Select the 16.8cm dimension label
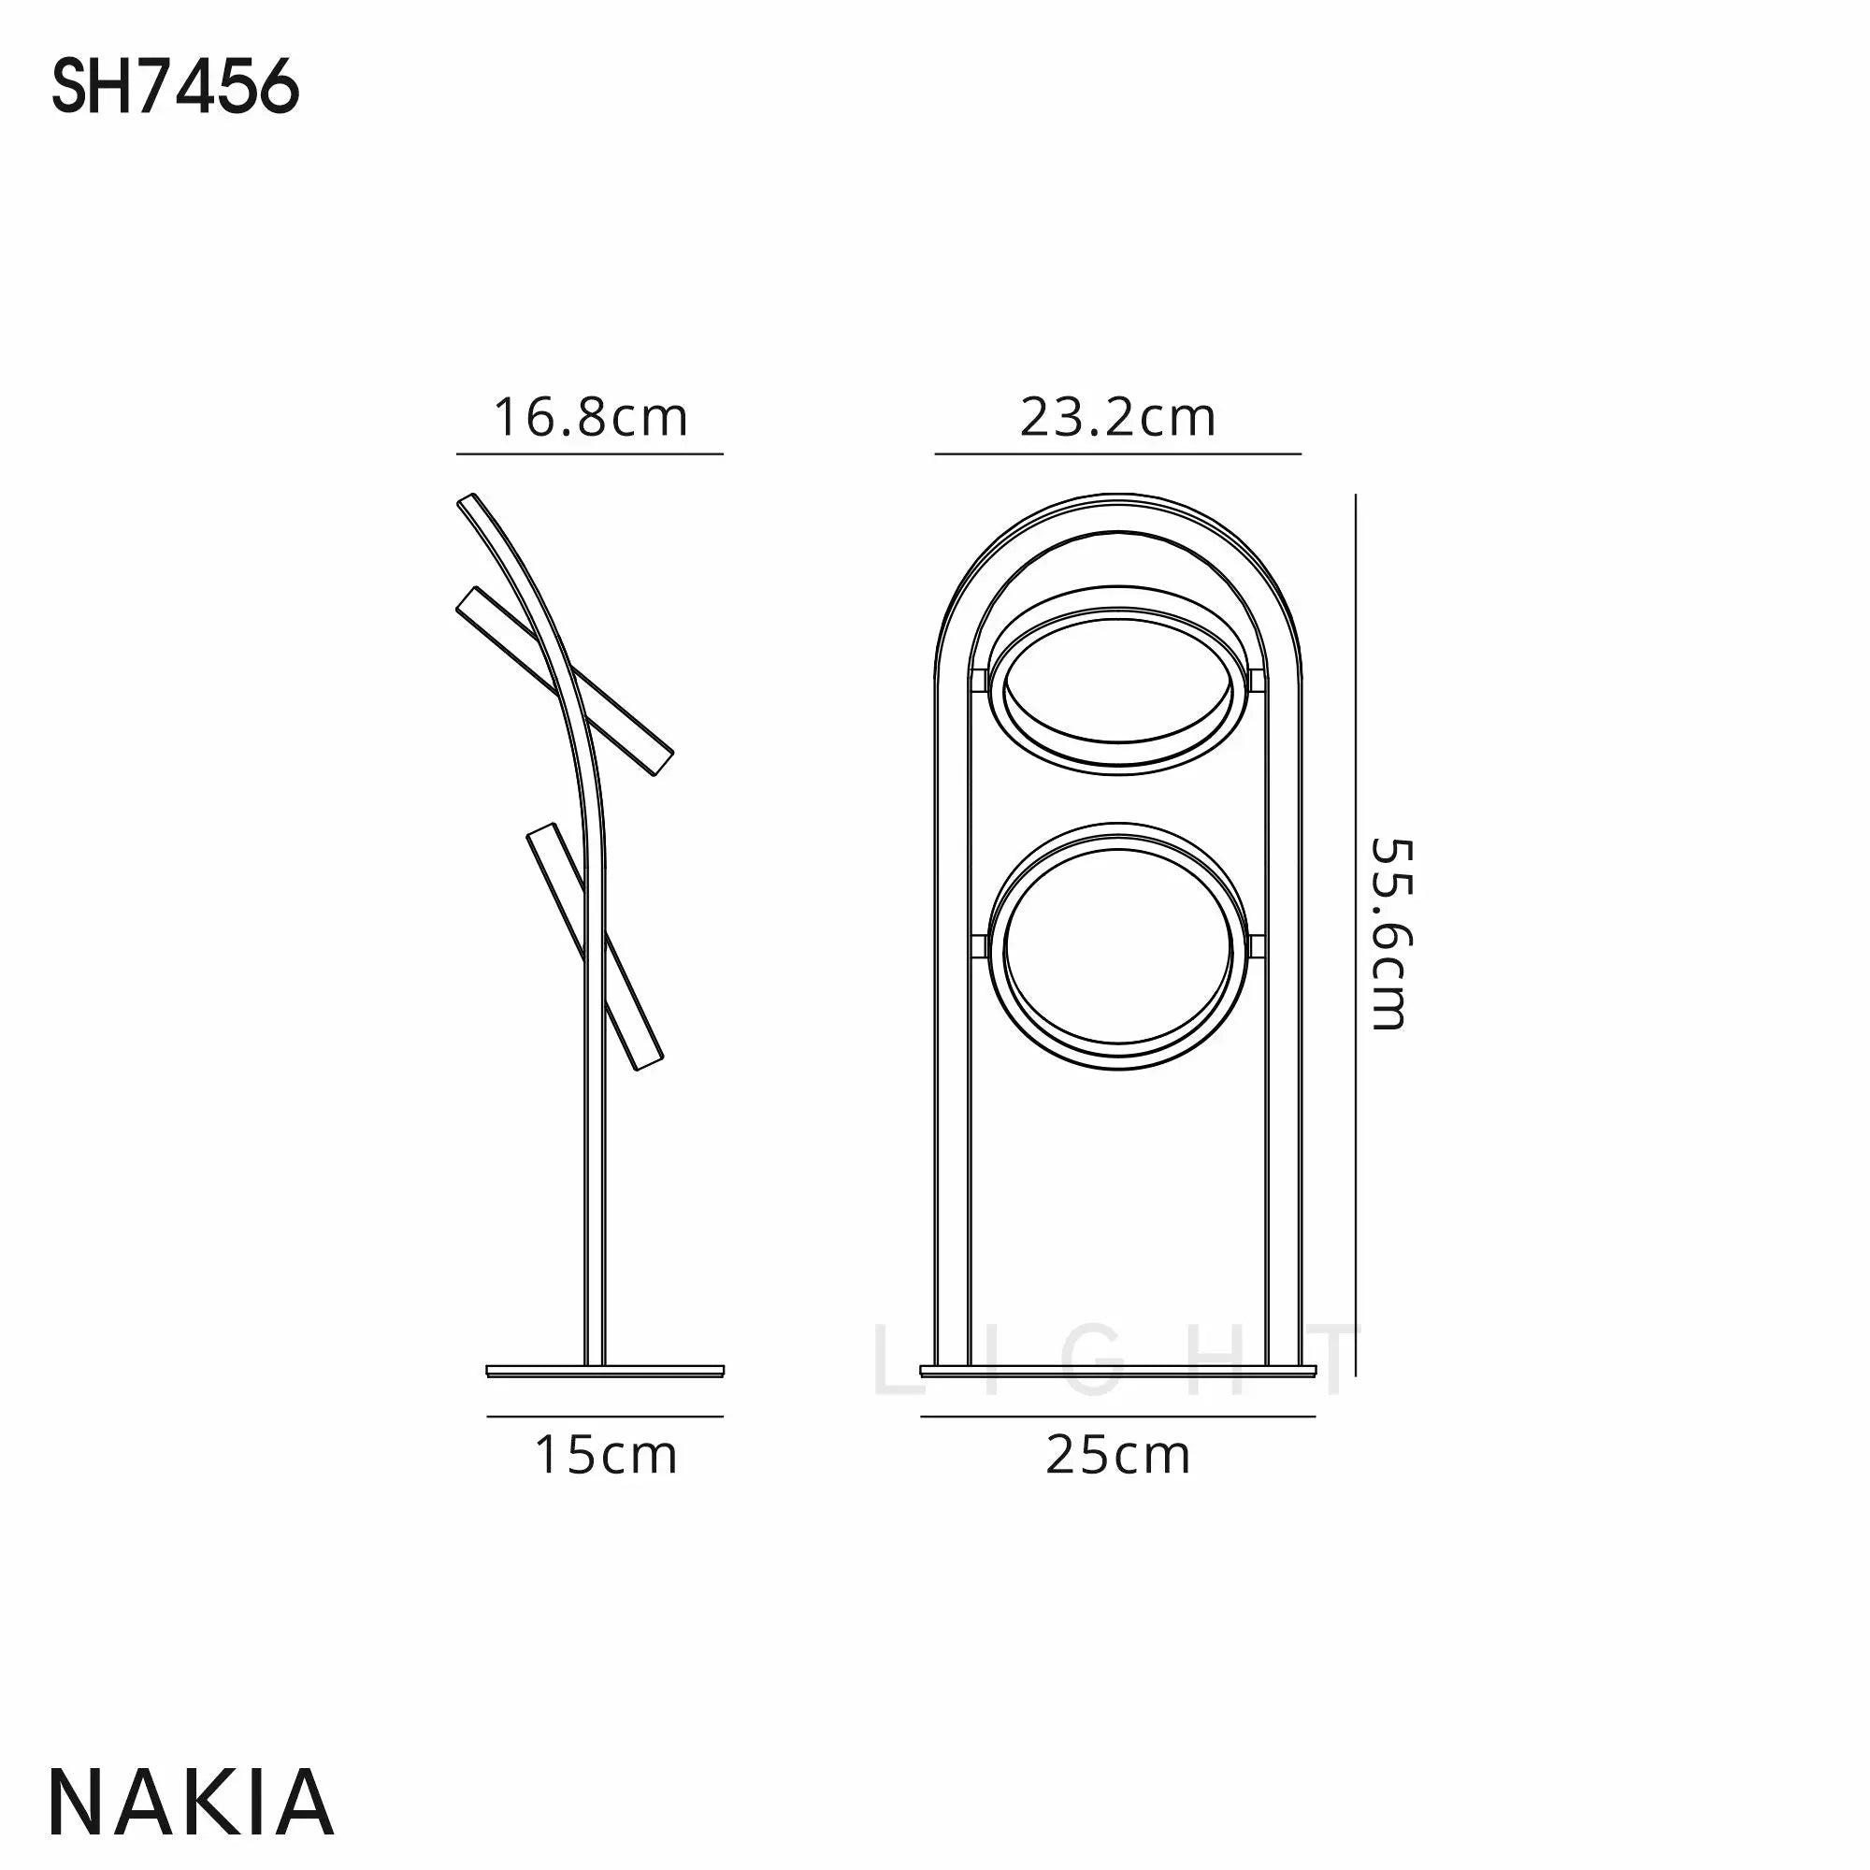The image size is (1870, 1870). coord(590,418)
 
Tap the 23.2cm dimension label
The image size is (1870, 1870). coord(1117,418)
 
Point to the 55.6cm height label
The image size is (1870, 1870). coord(1393,933)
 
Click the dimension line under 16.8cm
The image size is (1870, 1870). coord(589,453)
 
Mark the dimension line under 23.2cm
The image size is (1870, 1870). coord(1117,453)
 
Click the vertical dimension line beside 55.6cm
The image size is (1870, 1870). coord(1355,933)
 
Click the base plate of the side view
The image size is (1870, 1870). coord(605,1371)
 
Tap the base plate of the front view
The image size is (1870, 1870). coord(1117,1371)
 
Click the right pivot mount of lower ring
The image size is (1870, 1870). coord(1256,947)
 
